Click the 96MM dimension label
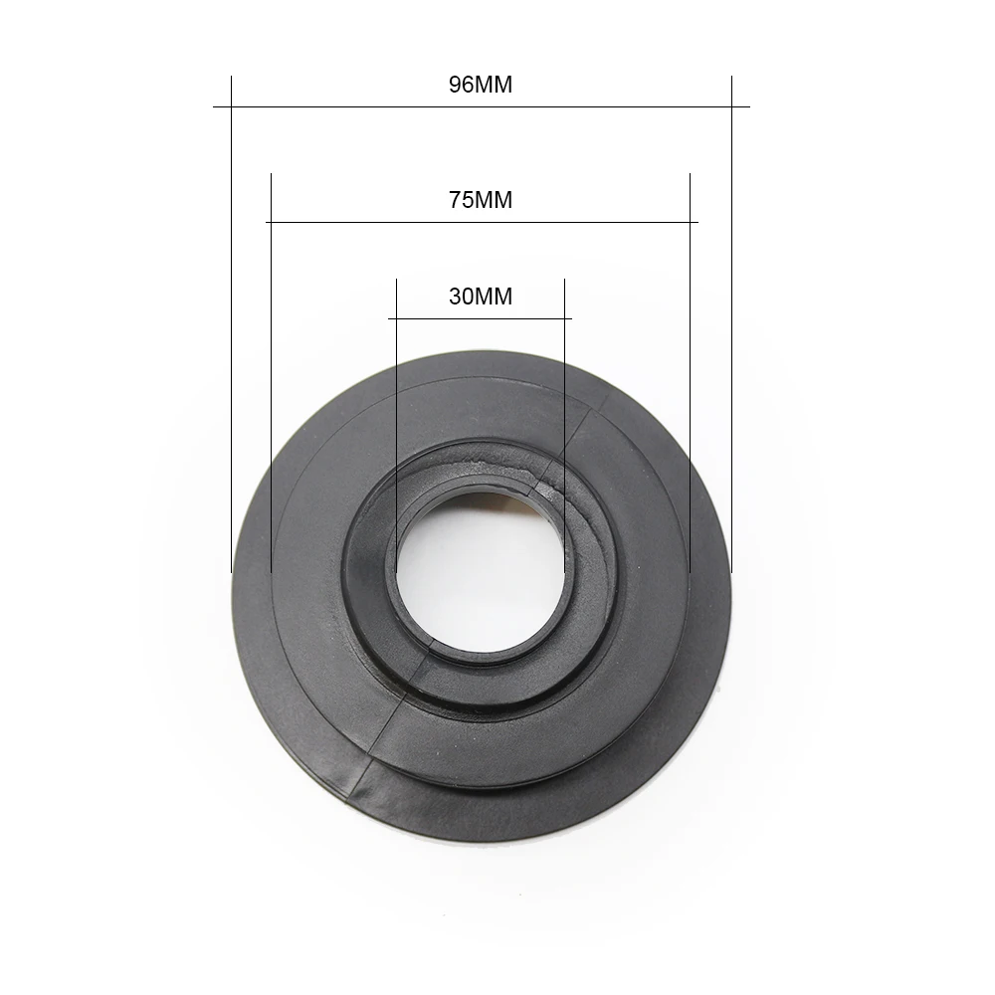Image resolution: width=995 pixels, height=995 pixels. (x=481, y=85)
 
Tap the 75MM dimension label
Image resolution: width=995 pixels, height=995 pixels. (x=481, y=200)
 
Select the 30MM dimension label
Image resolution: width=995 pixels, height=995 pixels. (x=481, y=297)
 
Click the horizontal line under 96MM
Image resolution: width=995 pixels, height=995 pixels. (x=481, y=106)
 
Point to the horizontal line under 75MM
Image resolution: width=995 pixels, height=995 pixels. (x=482, y=222)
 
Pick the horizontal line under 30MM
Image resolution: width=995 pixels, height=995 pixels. (x=480, y=318)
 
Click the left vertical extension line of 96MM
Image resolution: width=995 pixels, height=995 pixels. (x=232, y=324)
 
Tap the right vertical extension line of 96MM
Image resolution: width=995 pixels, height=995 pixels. (x=731, y=324)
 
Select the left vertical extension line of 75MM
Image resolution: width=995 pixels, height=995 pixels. (x=271, y=372)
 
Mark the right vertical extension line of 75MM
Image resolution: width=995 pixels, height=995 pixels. (x=690, y=372)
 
